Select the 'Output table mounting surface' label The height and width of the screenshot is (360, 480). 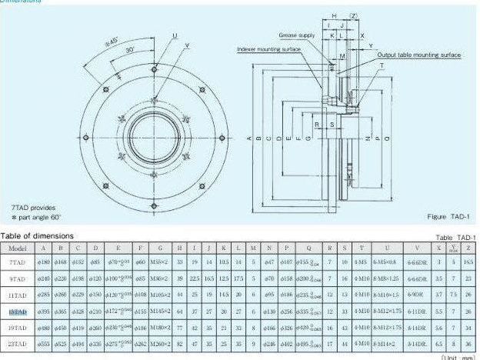click(418, 55)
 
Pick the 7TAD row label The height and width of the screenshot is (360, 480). click(17, 262)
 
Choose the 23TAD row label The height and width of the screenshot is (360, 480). click(17, 345)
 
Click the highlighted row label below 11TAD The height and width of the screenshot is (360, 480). click(17, 312)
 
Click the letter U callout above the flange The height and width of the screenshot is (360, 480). click(175, 36)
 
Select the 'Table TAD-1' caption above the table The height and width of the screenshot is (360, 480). click(455, 238)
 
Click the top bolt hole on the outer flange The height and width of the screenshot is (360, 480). click(143, 63)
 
